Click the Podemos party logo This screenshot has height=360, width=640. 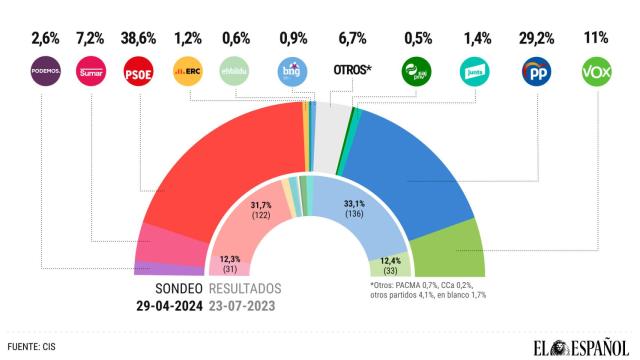tap(46, 73)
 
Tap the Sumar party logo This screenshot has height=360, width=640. tap(92, 73)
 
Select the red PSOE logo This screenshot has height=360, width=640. tap(138, 73)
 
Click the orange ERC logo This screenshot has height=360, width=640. tap(188, 73)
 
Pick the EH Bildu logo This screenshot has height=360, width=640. tap(236, 73)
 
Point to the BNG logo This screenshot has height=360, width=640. tap(289, 73)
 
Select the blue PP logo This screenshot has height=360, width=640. tap(537, 73)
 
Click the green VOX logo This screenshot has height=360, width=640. tap(596, 73)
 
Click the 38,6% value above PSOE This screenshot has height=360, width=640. tap(138, 40)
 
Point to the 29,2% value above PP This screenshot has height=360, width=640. tap(537, 40)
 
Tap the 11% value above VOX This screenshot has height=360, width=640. tap(596, 40)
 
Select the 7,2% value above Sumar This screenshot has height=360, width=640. tap(92, 40)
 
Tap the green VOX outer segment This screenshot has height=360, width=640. tap(455, 250)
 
